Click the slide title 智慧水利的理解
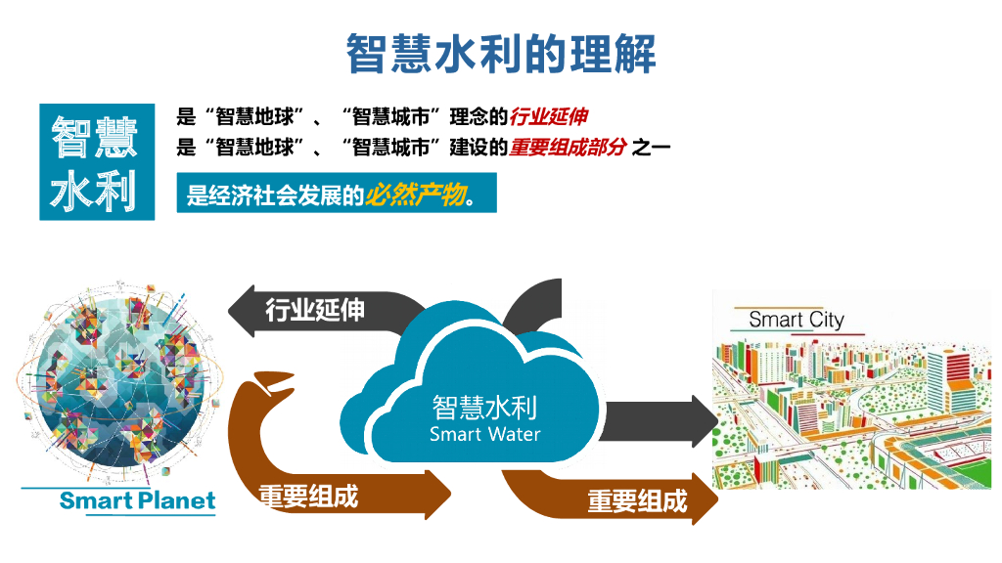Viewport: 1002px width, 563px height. (x=501, y=53)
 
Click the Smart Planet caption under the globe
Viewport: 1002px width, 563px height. (x=137, y=501)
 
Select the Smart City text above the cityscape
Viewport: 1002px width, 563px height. (x=796, y=319)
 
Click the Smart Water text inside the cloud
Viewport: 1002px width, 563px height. (x=484, y=434)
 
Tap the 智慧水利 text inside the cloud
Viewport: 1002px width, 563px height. (x=484, y=407)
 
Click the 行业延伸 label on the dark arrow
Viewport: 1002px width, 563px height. (x=315, y=310)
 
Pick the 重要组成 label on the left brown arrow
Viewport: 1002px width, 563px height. (x=308, y=496)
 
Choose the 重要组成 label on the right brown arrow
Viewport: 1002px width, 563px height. (x=637, y=501)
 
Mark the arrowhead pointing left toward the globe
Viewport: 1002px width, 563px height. (x=241, y=313)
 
